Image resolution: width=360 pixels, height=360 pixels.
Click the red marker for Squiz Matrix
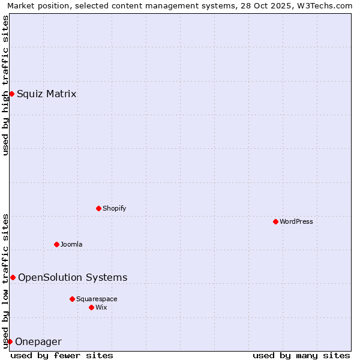pyautogui.click(x=11, y=94)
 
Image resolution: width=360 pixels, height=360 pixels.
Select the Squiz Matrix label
pyautogui.click(x=46, y=94)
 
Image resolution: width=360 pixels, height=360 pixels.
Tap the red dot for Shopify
pyautogui.click(x=98, y=208)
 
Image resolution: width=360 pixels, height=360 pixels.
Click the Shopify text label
pyautogui.click(x=114, y=208)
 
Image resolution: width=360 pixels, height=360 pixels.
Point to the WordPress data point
pyautogui.click(x=275, y=221)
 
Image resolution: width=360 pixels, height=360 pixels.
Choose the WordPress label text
pyautogui.click(x=296, y=221)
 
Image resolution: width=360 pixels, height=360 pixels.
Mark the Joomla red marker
pyautogui.click(x=56, y=244)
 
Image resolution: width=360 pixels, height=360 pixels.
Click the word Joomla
pyautogui.click(x=71, y=244)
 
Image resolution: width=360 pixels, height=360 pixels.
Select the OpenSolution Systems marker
pyautogui.click(x=13, y=277)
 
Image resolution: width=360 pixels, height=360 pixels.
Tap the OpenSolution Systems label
pyautogui.click(x=73, y=277)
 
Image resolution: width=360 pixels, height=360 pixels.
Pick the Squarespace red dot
pyautogui.click(x=72, y=299)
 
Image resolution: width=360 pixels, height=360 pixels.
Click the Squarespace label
pyautogui.click(x=97, y=299)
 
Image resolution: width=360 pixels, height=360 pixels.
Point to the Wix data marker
pyautogui.click(x=91, y=307)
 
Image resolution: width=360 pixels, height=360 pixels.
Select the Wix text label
pyautogui.click(x=101, y=307)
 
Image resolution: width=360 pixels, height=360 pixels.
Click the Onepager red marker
pyautogui.click(x=10, y=341)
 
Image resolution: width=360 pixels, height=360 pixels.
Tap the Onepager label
pyautogui.click(x=38, y=342)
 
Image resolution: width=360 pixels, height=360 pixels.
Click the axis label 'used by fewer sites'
pyautogui.click(x=62, y=355)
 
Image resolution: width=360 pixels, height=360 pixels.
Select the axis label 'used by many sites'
pyautogui.click(x=301, y=355)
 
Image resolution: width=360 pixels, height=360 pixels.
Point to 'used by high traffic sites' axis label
pyautogui.click(x=5, y=85)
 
